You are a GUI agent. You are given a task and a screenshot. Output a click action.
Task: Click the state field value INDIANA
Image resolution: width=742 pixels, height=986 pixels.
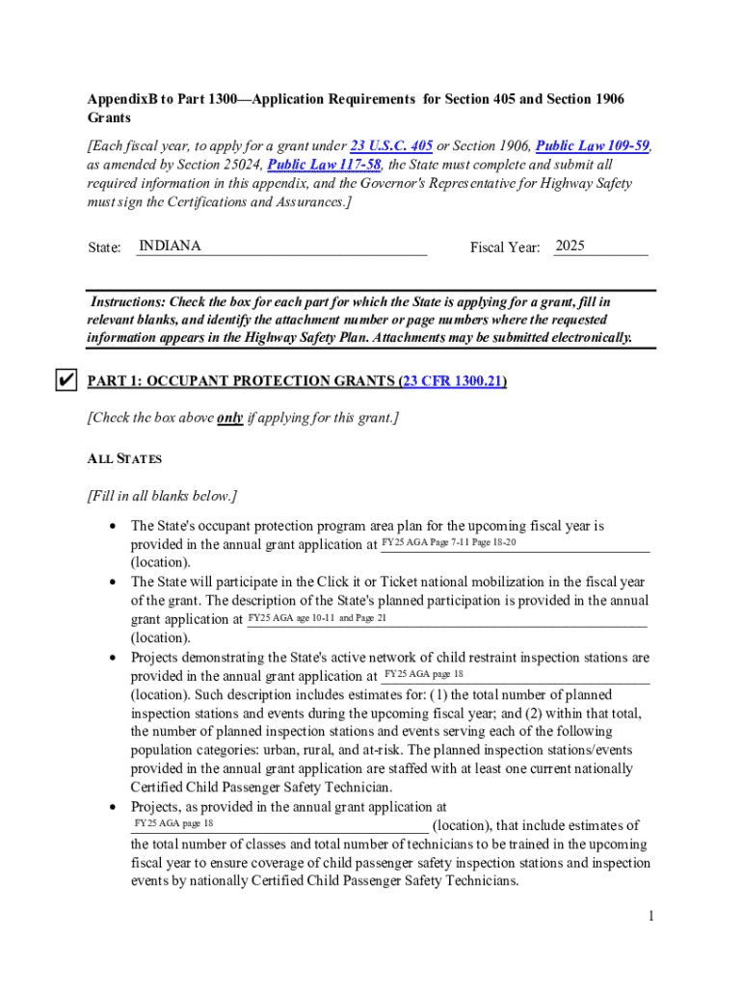(x=170, y=246)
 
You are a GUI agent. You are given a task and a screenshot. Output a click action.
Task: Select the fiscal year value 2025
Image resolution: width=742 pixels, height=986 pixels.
(x=570, y=246)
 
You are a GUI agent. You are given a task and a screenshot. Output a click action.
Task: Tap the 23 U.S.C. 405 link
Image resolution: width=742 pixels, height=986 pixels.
(x=390, y=146)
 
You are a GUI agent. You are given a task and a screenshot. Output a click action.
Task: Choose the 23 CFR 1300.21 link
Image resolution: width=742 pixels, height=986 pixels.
(x=453, y=381)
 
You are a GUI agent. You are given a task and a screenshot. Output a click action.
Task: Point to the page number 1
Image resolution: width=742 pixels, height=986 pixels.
(x=651, y=917)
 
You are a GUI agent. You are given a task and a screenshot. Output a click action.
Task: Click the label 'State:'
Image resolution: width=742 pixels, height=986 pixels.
(x=104, y=248)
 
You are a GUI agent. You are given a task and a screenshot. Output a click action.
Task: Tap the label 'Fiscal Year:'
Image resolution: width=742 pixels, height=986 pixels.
(x=504, y=248)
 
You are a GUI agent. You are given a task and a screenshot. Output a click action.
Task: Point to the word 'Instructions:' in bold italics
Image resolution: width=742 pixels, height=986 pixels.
(x=127, y=301)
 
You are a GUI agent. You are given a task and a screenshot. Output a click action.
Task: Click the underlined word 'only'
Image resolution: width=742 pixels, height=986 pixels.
(x=229, y=419)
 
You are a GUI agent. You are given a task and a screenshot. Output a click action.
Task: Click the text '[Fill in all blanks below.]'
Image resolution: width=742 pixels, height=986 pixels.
(x=162, y=497)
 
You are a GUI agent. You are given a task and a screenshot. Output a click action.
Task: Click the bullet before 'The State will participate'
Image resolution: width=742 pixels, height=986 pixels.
(x=115, y=583)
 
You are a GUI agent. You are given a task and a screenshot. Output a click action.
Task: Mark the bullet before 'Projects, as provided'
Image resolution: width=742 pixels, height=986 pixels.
(x=115, y=807)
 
